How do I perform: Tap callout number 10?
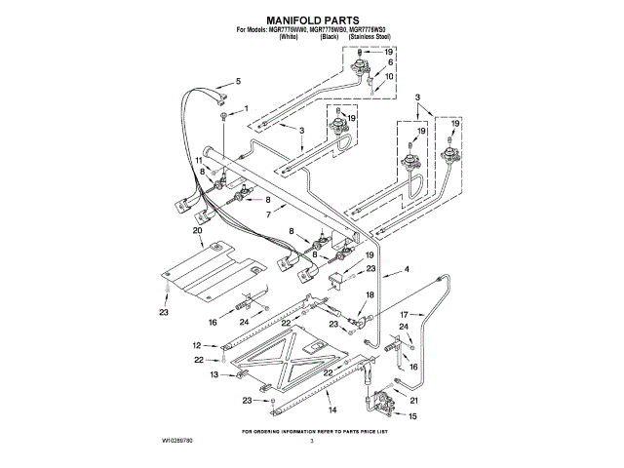coord(389,76)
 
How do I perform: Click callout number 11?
coord(198,160)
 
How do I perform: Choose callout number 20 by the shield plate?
coord(198,231)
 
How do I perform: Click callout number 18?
coord(370,293)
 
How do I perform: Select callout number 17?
coord(402,314)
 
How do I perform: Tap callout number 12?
coord(196,345)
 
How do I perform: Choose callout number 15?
coord(411,416)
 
